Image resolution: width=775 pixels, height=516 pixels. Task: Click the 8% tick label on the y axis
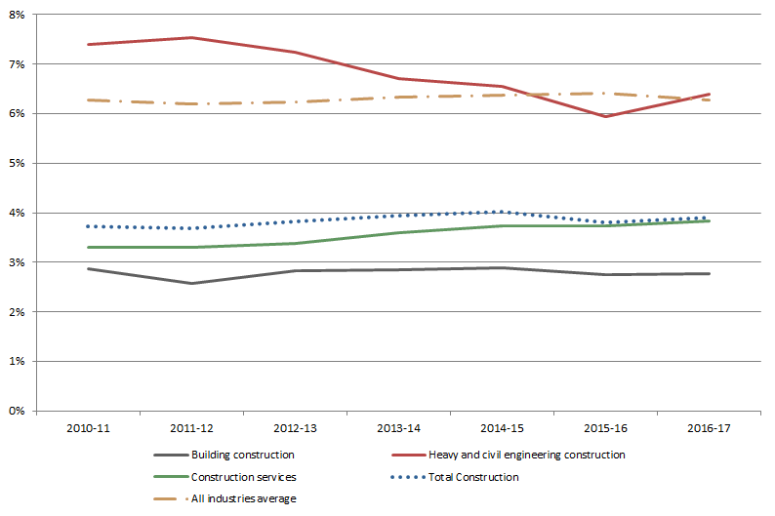[17, 15]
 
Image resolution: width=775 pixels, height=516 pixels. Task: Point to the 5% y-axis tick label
[17, 163]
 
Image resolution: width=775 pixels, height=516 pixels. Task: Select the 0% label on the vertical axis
[17, 411]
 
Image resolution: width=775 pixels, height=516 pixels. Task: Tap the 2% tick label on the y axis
[17, 311]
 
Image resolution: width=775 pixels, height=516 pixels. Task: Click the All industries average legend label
[243, 498]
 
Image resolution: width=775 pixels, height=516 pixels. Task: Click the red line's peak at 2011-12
[191, 38]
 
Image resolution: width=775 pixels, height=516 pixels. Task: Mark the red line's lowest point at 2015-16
[605, 116]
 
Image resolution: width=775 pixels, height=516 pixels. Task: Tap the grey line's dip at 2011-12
[191, 284]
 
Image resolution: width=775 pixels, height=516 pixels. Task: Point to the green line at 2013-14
[398, 232]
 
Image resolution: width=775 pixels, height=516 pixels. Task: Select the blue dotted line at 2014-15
[502, 212]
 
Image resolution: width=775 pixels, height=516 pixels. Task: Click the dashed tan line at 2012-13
[295, 101]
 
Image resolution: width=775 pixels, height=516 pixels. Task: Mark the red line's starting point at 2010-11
[88, 44]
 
